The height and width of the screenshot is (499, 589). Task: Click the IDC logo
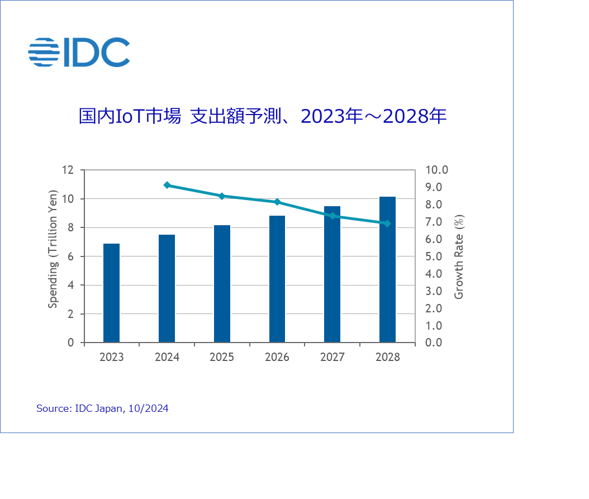tap(79, 53)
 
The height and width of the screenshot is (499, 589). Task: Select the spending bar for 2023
tap(111, 293)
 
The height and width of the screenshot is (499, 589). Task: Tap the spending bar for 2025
tap(222, 284)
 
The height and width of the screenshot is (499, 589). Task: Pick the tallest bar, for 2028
tap(387, 269)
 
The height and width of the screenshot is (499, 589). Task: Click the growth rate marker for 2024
tap(167, 185)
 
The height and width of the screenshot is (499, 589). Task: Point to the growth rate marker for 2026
tap(277, 202)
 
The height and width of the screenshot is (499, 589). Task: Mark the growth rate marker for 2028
tap(387, 224)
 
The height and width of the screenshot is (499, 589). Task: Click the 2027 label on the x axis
tap(332, 357)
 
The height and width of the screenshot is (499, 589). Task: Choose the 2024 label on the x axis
tap(167, 357)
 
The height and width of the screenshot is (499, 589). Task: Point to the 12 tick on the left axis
tap(68, 170)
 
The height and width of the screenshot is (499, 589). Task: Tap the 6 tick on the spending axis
tap(71, 256)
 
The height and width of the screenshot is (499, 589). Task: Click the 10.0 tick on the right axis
tap(437, 170)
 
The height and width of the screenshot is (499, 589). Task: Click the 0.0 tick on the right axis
tap(437, 343)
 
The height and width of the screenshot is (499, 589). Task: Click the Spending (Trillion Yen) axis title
tap(53, 256)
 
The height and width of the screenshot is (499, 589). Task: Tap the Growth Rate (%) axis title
tap(459, 256)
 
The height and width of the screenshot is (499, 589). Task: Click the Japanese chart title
tap(262, 116)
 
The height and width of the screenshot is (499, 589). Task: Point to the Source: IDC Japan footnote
tap(102, 408)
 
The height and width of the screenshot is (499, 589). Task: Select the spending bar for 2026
tap(277, 279)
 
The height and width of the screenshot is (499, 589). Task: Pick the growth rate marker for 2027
tap(332, 216)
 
